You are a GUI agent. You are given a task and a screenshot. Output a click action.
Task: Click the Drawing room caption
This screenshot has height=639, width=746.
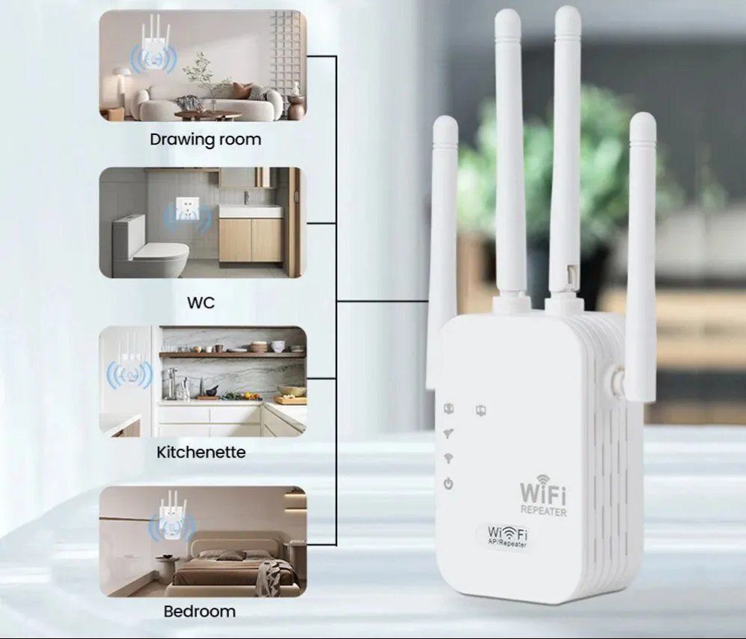coord(206,139)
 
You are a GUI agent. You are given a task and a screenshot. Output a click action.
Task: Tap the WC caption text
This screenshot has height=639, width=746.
coord(201,303)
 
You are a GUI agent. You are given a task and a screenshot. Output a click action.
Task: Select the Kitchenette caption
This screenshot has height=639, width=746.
coord(201,452)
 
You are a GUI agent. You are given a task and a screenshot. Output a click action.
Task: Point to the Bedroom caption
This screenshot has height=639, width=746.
coord(199,611)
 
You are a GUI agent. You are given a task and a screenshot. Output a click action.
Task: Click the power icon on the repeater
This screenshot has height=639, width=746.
coord(448,484)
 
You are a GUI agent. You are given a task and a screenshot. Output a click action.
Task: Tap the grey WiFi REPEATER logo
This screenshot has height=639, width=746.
coord(543,496)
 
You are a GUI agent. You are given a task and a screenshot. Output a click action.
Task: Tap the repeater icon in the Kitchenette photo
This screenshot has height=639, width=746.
coord(129,366)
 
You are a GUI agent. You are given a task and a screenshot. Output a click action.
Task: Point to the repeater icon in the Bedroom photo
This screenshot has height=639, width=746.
coord(172,520)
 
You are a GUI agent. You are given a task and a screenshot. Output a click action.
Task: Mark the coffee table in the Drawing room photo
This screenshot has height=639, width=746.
coord(208,116)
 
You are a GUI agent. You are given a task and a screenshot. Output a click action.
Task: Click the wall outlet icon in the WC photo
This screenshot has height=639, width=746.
coord(187,210)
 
